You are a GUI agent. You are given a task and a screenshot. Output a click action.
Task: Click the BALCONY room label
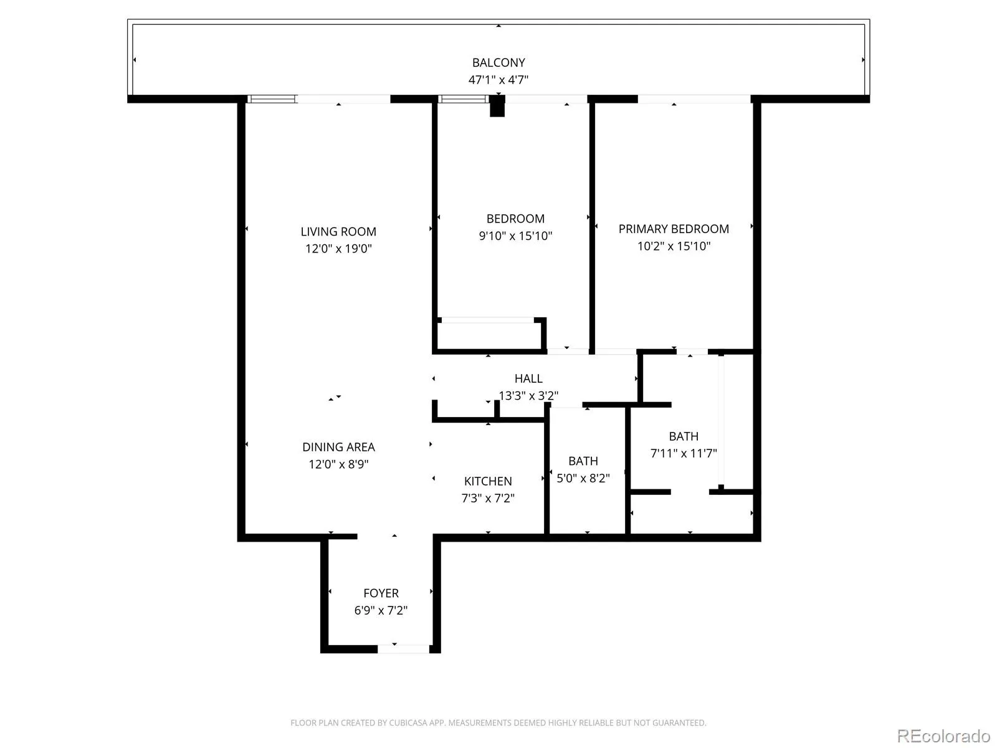(x=499, y=62)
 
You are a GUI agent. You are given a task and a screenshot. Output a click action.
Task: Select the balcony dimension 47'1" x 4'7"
(x=499, y=80)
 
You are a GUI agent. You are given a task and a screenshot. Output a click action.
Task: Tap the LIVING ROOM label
(x=338, y=232)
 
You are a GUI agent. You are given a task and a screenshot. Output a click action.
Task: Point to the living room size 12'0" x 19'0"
(x=338, y=249)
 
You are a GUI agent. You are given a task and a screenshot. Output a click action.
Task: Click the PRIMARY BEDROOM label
(x=674, y=229)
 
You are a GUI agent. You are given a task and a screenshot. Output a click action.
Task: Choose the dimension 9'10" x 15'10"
(x=515, y=236)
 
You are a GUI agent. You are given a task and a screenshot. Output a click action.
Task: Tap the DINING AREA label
(x=338, y=447)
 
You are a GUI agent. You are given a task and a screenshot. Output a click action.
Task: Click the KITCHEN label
(x=488, y=481)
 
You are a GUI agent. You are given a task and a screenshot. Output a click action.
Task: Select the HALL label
(x=528, y=378)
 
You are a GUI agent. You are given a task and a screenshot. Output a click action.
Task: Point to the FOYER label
(x=381, y=593)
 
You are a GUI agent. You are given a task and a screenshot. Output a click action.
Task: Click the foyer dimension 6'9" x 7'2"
(x=381, y=610)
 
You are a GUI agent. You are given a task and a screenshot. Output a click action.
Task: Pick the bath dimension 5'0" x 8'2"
(x=583, y=477)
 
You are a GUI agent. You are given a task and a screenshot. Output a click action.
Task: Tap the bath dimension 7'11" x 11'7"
(x=684, y=453)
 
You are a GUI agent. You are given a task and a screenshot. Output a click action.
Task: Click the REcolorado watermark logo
(x=944, y=736)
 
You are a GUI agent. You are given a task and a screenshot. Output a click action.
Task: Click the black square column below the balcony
(x=497, y=106)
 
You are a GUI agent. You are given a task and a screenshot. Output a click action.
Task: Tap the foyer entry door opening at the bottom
(x=403, y=649)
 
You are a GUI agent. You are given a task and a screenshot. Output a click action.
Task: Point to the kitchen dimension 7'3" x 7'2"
(x=488, y=498)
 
